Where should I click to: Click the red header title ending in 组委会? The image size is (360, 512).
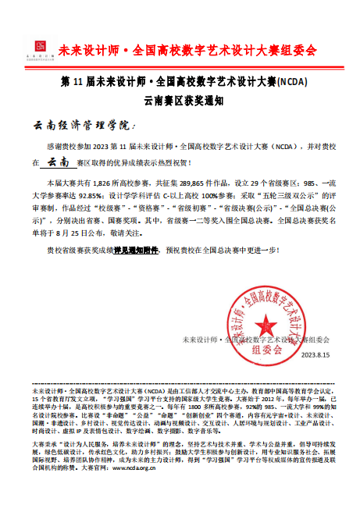(199, 50)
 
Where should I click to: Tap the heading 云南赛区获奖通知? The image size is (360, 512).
(179, 99)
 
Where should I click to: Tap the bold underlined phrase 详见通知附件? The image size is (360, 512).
(137, 251)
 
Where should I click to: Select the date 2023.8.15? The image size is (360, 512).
(315, 354)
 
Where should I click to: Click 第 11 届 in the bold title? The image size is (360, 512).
(75, 81)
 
